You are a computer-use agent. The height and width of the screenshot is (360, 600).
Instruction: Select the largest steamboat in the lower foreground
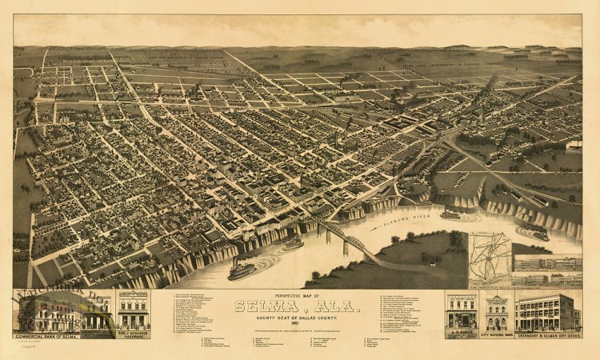pyautogui.click(x=242, y=270)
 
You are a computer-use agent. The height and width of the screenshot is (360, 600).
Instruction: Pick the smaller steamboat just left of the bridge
pyautogui.click(x=293, y=242)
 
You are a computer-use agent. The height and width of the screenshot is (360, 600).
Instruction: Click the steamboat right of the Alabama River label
pyautogui.click(x=450, y=213)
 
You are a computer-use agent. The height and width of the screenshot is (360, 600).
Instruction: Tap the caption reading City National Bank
pyautogui.click(x=496, y=334)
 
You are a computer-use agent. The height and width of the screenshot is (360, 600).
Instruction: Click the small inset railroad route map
pyautogui.click(x=490, y=258)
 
